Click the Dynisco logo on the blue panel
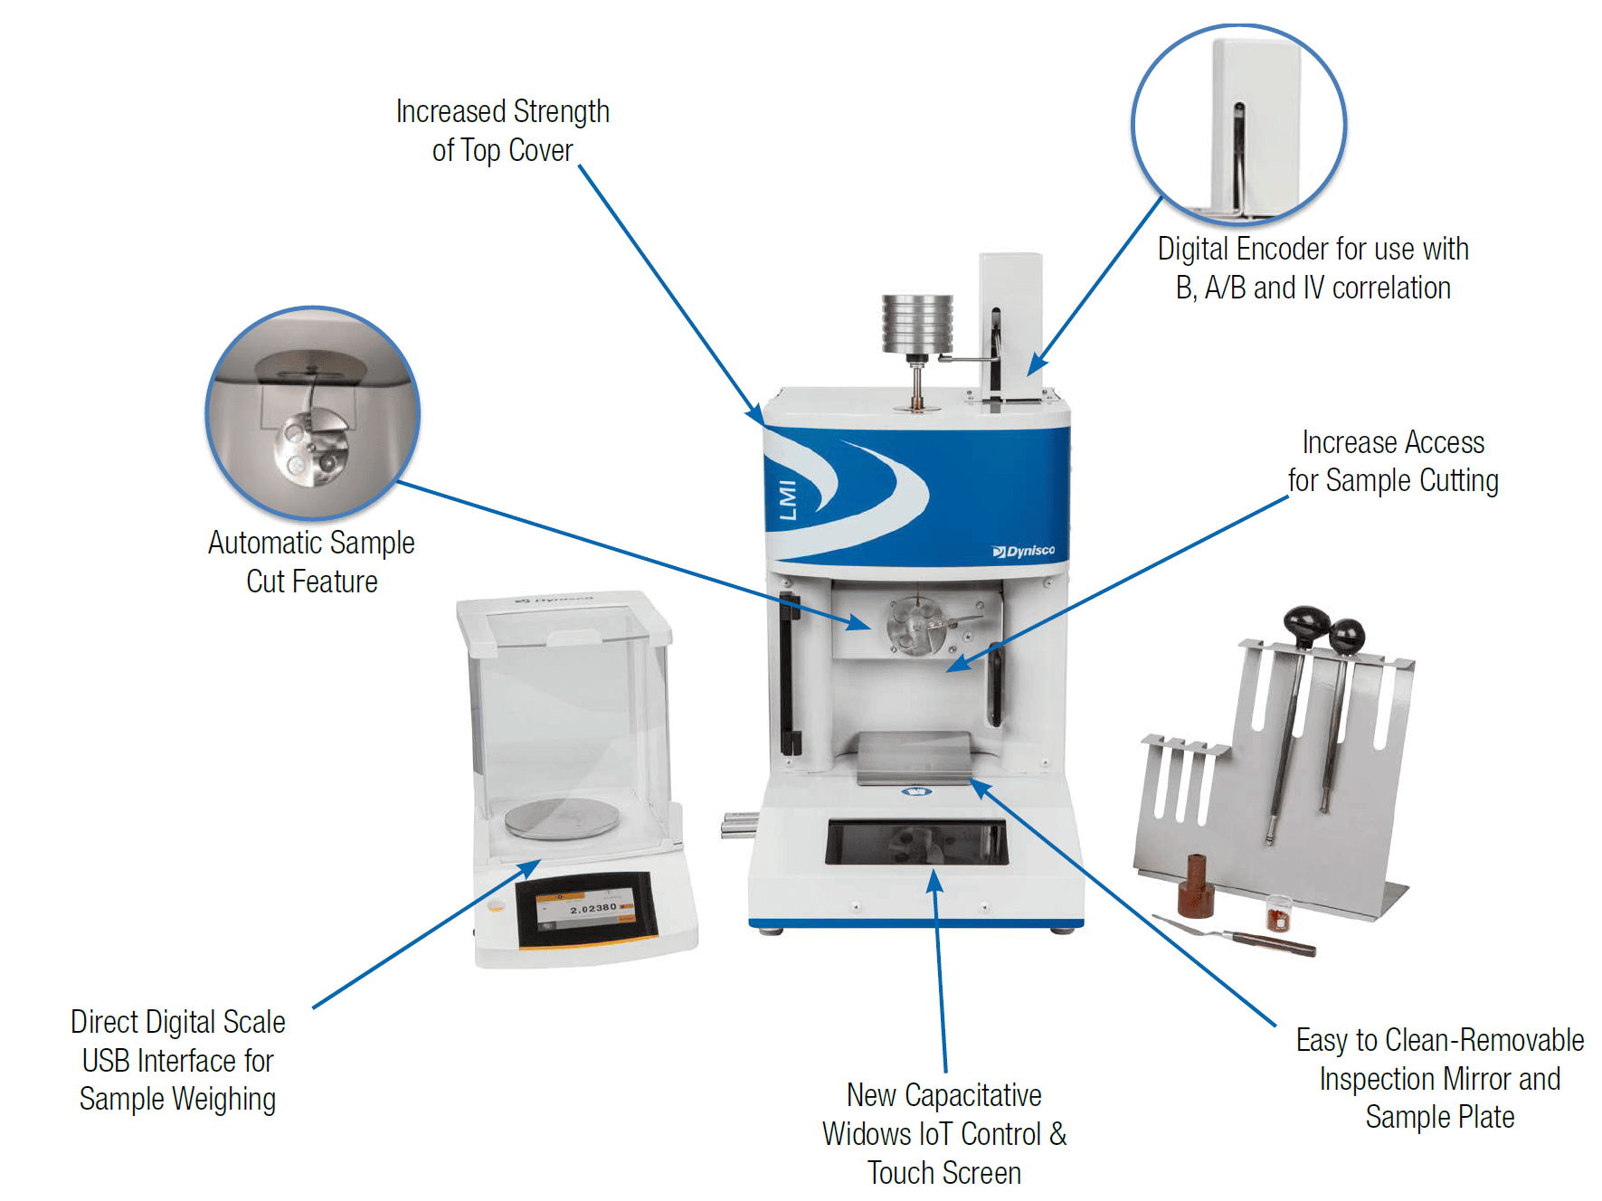point(1024,551)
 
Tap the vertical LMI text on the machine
point(788,500)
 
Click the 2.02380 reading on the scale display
point(592,908)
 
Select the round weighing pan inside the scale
point(562,818)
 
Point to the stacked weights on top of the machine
point(917,322)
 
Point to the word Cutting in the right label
point(1459,480)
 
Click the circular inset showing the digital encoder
point(1238,125)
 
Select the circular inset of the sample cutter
point(312,412)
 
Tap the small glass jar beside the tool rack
point(1277,913)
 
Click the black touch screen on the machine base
point(916,842)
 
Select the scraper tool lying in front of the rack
point(1239,936)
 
